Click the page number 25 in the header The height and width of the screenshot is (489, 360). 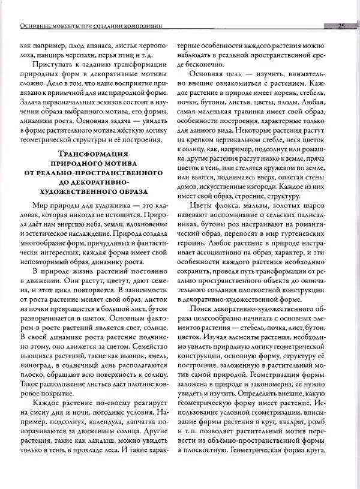click(340, 26)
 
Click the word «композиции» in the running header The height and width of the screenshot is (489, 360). click(143, 26)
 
